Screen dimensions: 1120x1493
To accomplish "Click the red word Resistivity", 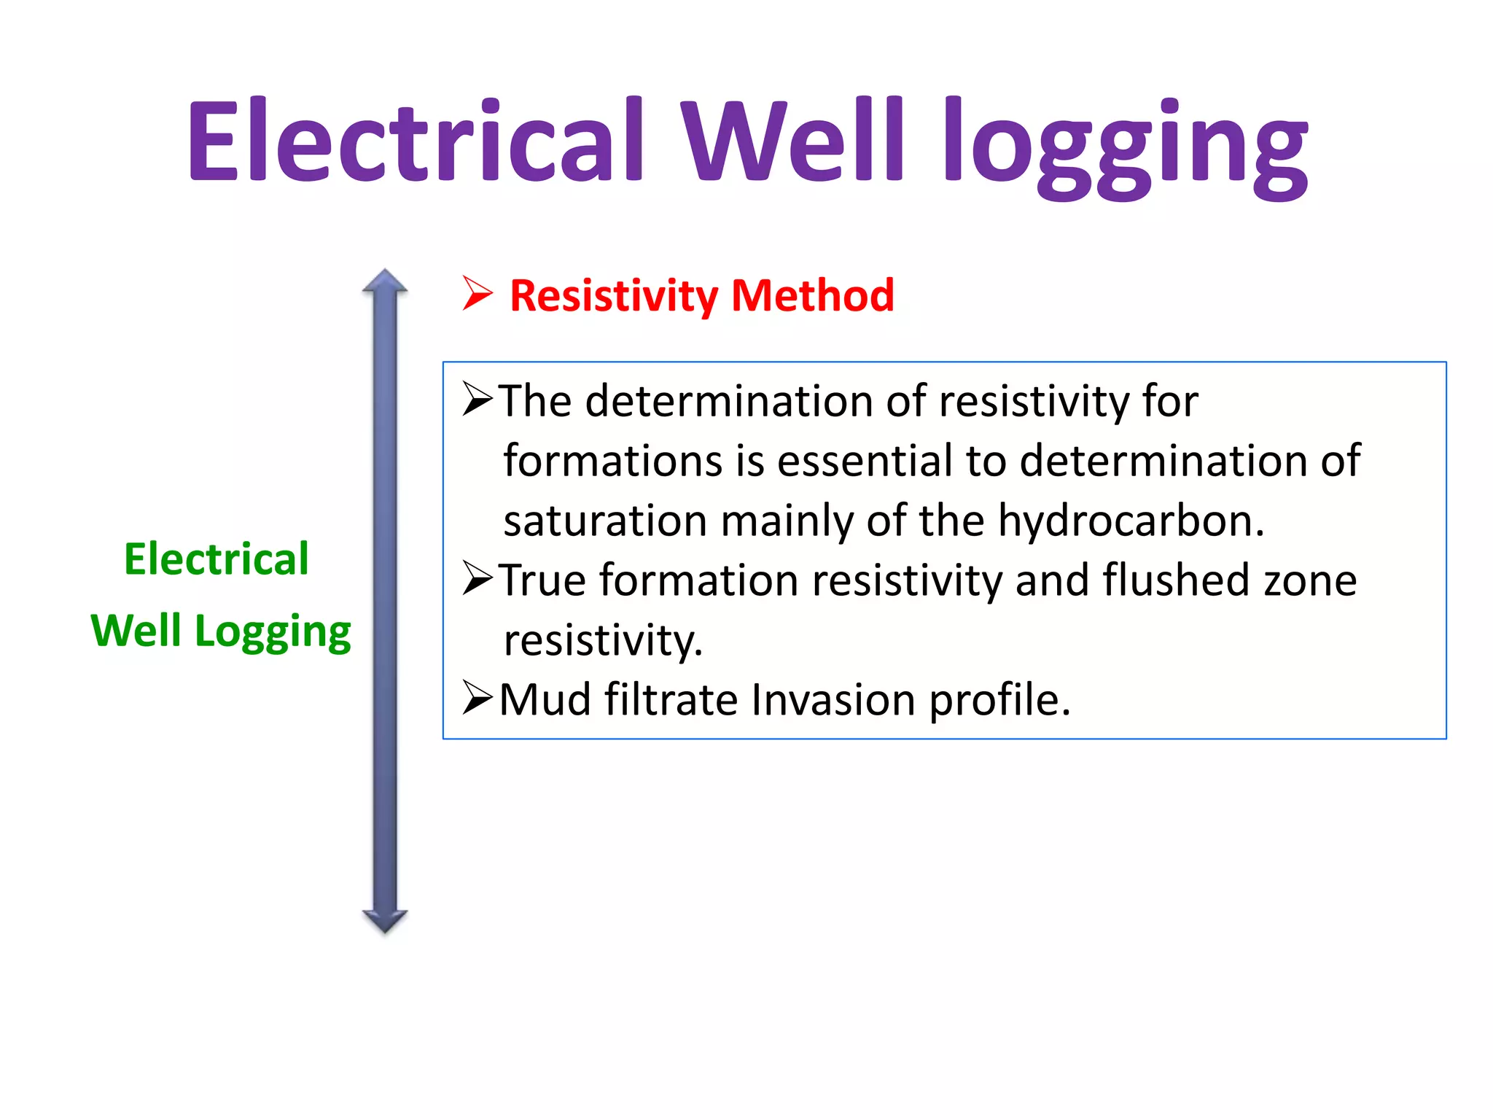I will pos(614,296).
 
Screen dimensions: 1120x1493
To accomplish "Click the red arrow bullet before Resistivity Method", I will pos(477,294).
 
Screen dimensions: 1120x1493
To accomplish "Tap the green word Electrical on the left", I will pos(217,559).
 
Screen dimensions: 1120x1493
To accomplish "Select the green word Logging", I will pos(273,631).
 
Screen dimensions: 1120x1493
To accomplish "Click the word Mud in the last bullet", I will pos(545,700).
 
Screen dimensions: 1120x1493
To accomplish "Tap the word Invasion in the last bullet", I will pos(833,700).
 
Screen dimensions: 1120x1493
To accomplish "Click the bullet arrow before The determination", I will pos(478,400).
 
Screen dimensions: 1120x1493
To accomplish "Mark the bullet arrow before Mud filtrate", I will pos(478,698).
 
